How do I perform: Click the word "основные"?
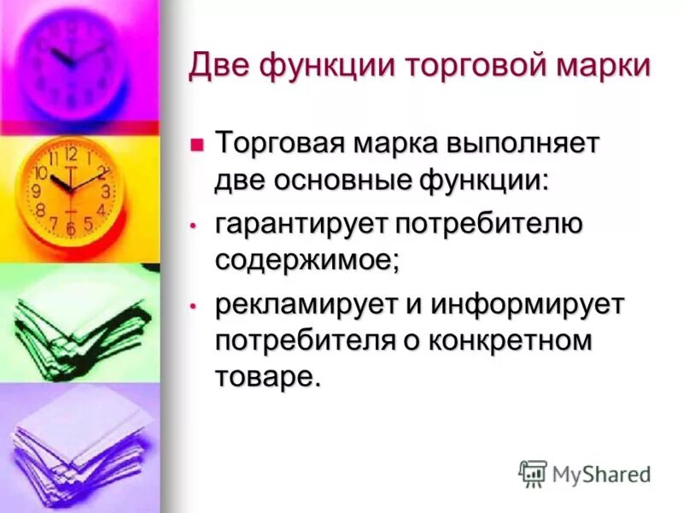[x=347, y=180]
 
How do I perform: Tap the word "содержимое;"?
[x=306, y=262]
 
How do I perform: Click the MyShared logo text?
[x=602, y=473]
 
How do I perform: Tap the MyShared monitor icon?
[x=533, y=473]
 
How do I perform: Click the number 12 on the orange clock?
[x=71, y=155]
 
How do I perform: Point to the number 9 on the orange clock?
[x=37, y=192]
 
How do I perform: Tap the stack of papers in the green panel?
[x=73, y=321]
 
